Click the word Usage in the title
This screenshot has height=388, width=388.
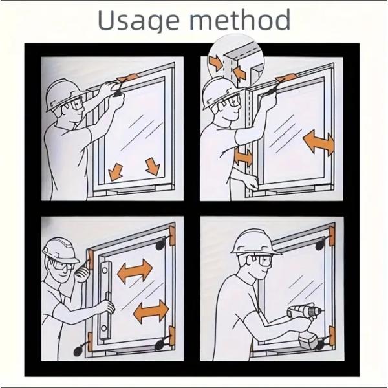(138, 21)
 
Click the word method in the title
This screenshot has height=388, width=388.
(240, 19)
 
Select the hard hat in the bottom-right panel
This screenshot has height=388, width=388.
(254, 242)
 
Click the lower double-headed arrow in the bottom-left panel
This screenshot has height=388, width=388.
(151, 312)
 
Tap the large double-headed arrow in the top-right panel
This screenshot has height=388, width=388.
(318, 142)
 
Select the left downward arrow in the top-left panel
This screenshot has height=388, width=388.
(115, 172)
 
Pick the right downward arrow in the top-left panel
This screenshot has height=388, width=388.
(153, 167)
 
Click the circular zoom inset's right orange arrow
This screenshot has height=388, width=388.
(239, 72)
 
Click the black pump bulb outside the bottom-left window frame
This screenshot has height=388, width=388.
(79, 350)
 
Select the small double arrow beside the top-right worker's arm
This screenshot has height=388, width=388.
(244, 156)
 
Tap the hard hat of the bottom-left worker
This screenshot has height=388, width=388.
(60, 250)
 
